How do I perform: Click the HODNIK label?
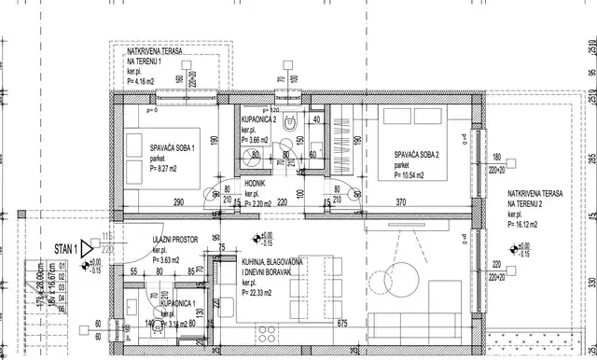click(256, 185)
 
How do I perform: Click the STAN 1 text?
click(62, 249)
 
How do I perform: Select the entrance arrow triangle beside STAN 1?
click(87, 249)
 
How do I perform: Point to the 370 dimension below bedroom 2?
click(403, 202)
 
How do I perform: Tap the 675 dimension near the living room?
click(341, 323)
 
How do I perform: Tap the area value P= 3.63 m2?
click(169, 260)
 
